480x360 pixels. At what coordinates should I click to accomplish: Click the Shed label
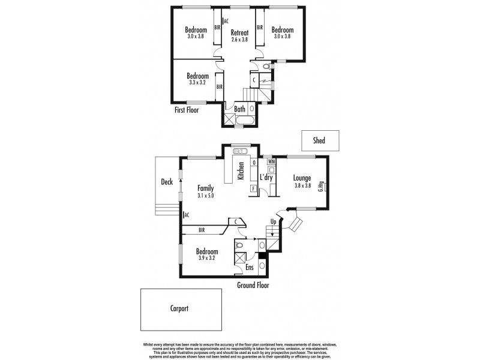tap(319, 140)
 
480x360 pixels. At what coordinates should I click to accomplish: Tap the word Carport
tap(175, 308)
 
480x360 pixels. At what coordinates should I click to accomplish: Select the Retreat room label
tap(239, 32)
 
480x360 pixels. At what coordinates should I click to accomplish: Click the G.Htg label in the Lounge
tap(322, 186)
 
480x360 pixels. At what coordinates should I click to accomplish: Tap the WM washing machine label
tap(271, 162)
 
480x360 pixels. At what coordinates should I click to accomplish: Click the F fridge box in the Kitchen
tap(254, 189)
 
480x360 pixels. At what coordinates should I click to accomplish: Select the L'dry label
tap(267, 178)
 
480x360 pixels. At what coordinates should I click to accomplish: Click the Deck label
tap(167, 182)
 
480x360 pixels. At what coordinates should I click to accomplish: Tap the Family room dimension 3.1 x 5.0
tap(206, 196)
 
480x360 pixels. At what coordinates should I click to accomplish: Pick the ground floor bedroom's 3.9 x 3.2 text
tap(207, 258)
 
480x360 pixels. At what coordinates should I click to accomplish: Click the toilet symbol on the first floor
tap(266, 66)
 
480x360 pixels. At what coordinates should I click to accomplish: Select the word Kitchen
tap(241, 171)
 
